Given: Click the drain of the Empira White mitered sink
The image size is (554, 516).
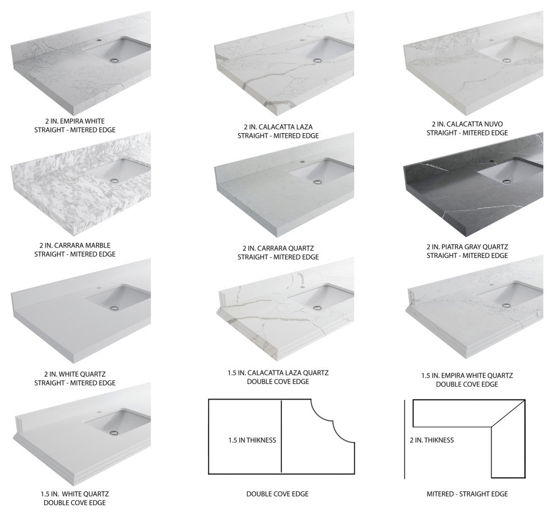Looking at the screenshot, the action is tap(114, 60).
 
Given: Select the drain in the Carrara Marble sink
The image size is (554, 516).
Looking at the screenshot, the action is tap(114, 181).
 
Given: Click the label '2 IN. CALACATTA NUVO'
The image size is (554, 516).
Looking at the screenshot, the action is tap(467, 124).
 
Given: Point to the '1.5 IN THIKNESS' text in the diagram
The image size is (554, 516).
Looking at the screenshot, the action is tap(252, 440).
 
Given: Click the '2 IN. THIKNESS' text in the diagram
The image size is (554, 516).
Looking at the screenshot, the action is tap(432, 440).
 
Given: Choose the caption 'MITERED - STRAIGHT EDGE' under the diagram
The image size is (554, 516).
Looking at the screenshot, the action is tap(467, 494).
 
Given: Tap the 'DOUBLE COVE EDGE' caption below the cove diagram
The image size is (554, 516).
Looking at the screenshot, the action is tap(278, 494).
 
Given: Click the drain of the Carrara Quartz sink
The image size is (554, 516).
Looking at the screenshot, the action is tap(318, 182).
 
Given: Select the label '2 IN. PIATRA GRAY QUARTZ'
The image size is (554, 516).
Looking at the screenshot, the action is tap(467, 247).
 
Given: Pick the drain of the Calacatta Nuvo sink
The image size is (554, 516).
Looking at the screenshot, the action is tap(507, 60).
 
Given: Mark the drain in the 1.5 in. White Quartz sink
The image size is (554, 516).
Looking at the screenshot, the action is tap(114, 432).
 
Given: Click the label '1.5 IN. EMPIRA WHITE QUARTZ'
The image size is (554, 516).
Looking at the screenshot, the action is tap(467, 376).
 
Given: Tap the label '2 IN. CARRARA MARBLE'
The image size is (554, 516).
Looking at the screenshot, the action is tap(75, 245).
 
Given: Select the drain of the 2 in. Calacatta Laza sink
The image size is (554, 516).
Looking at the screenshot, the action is tap(318, 60).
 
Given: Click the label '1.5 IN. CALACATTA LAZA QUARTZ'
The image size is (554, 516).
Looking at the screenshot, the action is tap(278, 373).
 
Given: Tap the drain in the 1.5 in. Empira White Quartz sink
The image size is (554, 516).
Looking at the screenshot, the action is tap(506, 304).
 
